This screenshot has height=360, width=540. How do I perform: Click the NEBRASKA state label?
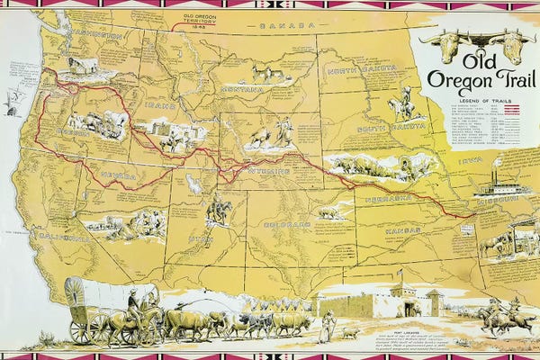click(x=389, y=197)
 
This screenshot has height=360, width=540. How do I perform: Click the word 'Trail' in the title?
click(x=509, y=80)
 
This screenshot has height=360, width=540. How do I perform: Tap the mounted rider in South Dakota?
click(x=401, y=106)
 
